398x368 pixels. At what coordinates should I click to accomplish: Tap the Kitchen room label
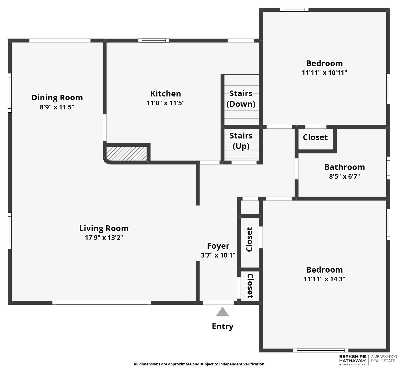pyautogui.click(x=165, y=94)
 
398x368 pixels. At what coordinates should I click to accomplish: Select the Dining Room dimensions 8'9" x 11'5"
pyautogui.click(x=57, y=107)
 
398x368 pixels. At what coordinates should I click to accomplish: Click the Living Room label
pyautogui.click(x=104, y=228)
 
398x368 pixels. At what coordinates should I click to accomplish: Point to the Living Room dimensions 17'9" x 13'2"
pyautogui.click(x=104, y=238)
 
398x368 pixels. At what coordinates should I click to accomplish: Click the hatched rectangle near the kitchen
pyautogui.click(x=127, y=154)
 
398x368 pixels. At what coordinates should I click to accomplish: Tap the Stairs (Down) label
pyautogui.click(x=241, y=99)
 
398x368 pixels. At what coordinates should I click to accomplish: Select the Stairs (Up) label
pyautogui.click(x=241, y=141)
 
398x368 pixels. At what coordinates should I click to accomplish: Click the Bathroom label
pyautogui.click(x=344, y=167)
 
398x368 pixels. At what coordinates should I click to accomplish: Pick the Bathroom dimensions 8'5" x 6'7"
pyautogui.click(x=344, y=176)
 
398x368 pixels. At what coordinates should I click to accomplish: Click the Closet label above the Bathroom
pyautogui.click(x=315, y=137)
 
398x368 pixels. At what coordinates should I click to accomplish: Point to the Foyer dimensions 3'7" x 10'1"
pyautogui.click(x=218, y=255)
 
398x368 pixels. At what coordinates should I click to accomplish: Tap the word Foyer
pyautogui.click(x=218, y=246)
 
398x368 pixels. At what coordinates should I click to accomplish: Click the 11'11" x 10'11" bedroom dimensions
pyautogui.click(x=324, y=73)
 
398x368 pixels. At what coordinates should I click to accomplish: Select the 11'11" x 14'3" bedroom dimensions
pyautogui.click(x=324, y=279)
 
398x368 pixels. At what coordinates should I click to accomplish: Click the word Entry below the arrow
pyautogui.click(x=222, y=326)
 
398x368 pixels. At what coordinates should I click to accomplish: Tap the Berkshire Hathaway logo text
pyautogui.click(x=353, y=359)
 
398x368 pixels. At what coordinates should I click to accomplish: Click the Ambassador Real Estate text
pyautogui.click(x=384, y=359)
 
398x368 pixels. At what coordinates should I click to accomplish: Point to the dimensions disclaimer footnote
pyautogui.click(x=199, y=364)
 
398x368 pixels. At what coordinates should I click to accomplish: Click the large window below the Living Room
pyautogui.click(x=101, y=303)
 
